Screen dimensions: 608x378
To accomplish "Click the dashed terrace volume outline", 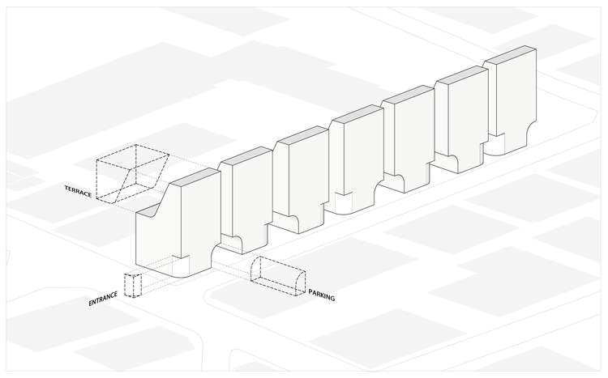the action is (x=132, y=172).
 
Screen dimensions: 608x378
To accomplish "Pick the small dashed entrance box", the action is (x=133, y=286).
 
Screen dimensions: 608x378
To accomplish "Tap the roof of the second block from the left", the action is (x=248, y=156).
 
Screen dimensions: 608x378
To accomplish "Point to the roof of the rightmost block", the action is (x=512, y=56).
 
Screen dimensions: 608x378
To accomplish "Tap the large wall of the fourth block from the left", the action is (x=352, y=162).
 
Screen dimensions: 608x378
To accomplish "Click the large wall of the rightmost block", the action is (x=512, y=101).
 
